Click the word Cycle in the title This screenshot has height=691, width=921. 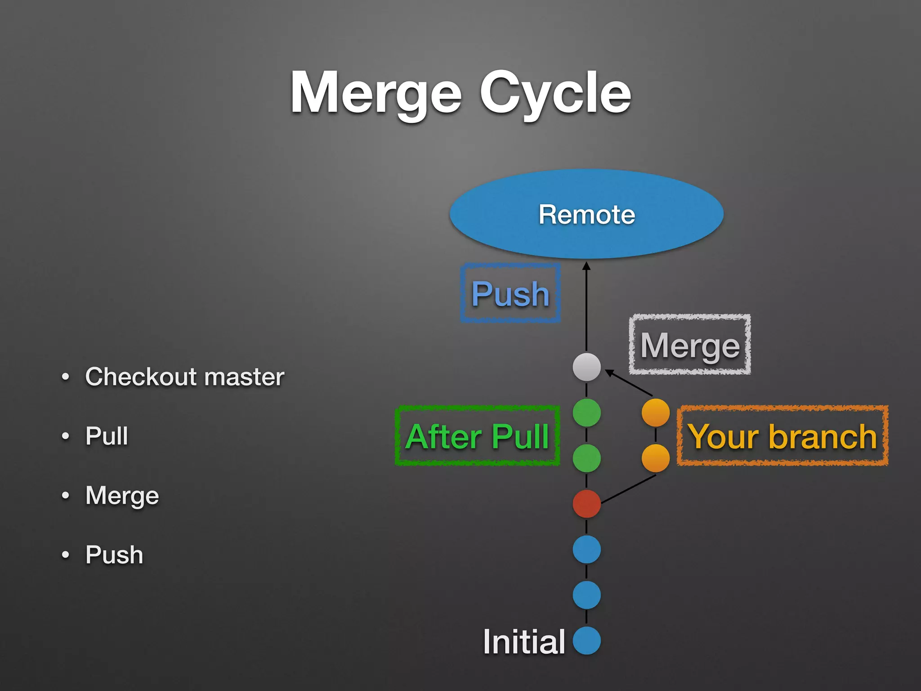pos(555,94)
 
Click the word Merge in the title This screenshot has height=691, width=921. pos(376,94)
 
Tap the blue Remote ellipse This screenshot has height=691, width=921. pos(586,214)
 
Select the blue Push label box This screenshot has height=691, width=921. pos(510,293)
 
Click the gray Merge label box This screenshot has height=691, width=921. pos(690,345)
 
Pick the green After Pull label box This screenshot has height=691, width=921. pos(477,436)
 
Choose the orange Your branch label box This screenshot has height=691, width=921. pos(782,436)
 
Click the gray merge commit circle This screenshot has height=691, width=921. pos(586,367)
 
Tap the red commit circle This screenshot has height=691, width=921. pos(586,503)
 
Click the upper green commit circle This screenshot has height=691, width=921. pos(586,413)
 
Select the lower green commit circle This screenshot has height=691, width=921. pos(586,458)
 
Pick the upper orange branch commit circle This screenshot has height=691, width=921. pos(655,413)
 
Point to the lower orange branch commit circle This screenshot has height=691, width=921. pos(655,458)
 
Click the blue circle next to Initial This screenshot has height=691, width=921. pos(586,640)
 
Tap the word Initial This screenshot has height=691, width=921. pos(523,641)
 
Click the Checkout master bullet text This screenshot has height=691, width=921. pos(184,377)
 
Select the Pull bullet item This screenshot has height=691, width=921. pos(107,436)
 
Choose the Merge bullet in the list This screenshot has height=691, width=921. pos(122,495)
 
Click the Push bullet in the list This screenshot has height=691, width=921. pos(114,555)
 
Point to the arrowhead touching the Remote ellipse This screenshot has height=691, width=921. pos(586,266)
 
